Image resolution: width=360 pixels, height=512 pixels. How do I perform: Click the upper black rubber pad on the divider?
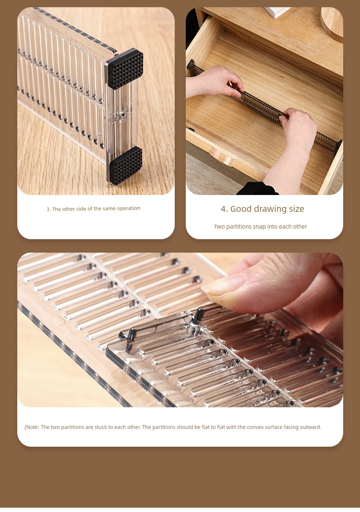[125, 69]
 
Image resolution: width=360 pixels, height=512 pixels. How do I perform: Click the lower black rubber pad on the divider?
[126, 165]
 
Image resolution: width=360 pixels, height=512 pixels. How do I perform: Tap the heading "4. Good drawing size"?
[263, 209]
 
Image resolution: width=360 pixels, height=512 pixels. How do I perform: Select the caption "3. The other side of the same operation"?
[93, 208]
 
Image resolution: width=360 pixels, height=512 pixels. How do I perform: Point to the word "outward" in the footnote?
[310, 427]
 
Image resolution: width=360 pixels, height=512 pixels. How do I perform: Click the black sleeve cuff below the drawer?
[257, 189]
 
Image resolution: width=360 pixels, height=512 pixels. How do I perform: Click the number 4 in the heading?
[224, 209]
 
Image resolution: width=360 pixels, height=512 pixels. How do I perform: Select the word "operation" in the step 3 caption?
[129, 208]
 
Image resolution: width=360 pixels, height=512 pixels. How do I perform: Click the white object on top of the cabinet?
[277, 12]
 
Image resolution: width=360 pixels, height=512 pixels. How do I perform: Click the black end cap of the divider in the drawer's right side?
[339, 146]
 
